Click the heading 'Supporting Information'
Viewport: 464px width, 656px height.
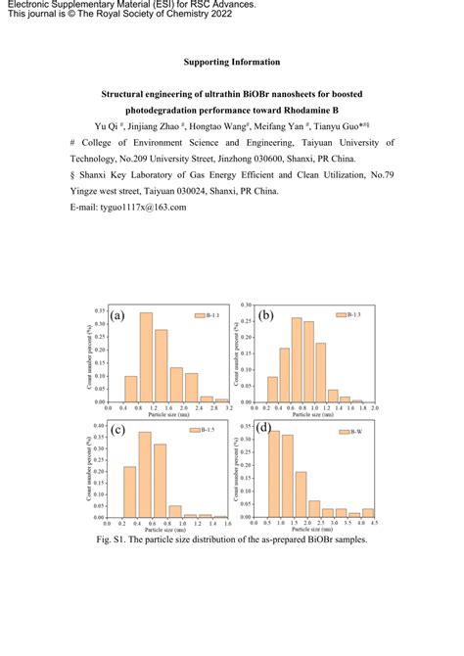(232, 63)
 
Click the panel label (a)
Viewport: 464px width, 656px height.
(118, 316)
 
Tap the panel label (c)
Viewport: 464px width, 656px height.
(118, 431)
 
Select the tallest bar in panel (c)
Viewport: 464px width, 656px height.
(145, 474)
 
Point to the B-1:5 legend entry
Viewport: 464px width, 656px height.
(208, 431)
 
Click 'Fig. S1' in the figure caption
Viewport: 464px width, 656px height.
(110, 539)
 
